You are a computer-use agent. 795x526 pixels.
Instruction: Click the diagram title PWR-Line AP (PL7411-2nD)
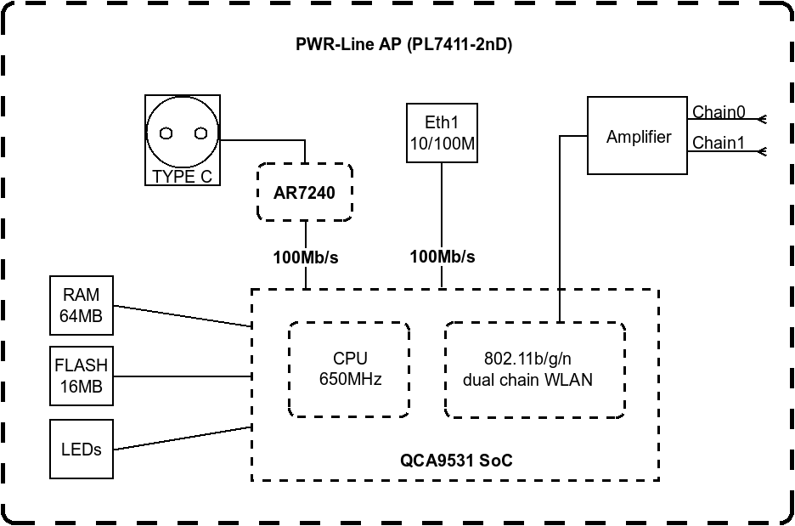403,44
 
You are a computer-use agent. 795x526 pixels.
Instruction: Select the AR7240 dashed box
304,193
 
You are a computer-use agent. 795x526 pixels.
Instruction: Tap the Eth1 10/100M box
442,133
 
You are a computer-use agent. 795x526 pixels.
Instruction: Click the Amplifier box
637,137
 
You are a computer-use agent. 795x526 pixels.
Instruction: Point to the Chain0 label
719,112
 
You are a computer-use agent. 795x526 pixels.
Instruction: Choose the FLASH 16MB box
82,376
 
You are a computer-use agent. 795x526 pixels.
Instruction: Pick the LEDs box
82,448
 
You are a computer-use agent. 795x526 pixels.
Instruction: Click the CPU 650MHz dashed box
350,370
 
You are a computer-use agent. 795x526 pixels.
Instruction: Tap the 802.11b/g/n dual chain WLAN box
535,370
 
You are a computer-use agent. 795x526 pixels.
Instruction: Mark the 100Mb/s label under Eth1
442,257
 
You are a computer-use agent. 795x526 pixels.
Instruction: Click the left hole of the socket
166,133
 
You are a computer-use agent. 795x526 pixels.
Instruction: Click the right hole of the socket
200,133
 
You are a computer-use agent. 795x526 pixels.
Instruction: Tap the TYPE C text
183,177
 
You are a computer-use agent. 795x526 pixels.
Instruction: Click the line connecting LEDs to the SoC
183,438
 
